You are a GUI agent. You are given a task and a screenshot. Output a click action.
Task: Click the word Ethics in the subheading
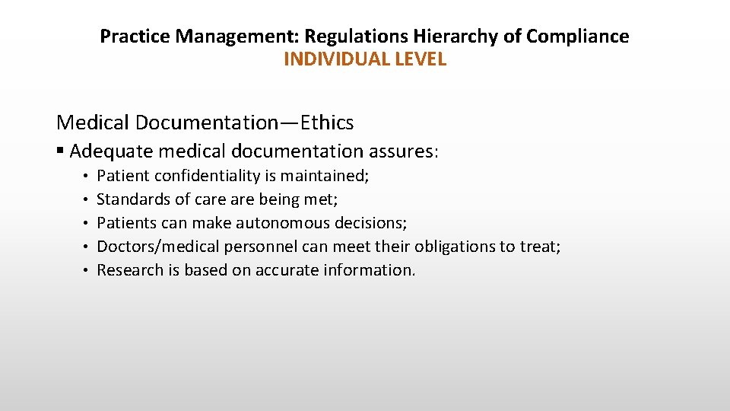point(328,122)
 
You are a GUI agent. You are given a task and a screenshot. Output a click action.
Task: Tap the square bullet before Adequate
point(61,151)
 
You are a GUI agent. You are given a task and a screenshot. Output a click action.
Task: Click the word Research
point(128,270)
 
